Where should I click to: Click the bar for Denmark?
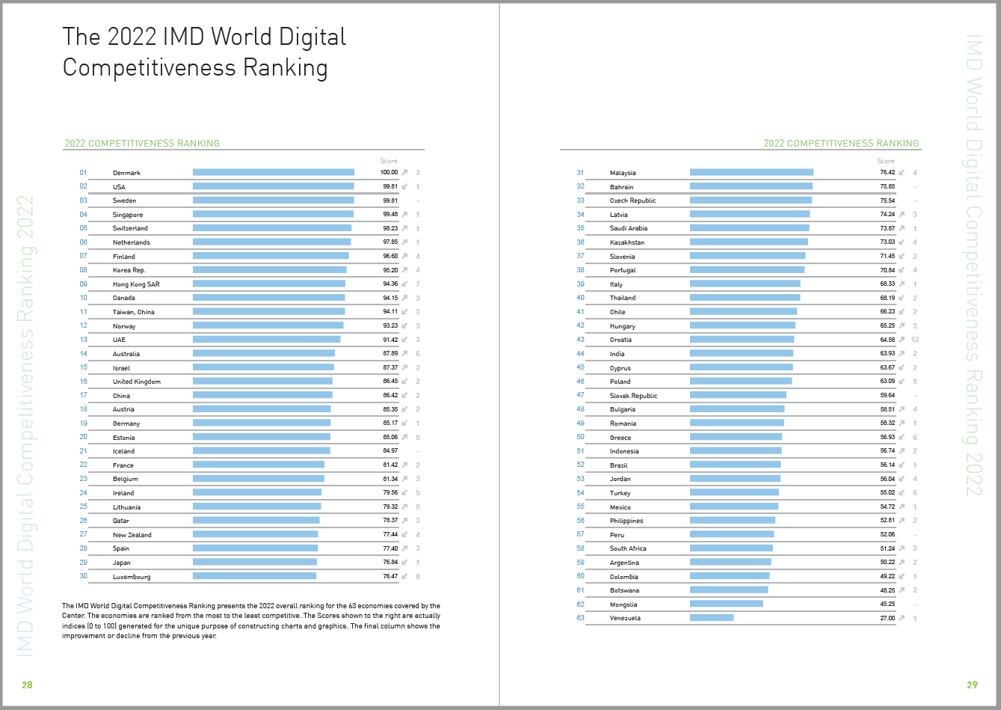(273, 173)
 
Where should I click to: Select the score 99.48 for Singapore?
(389, 215)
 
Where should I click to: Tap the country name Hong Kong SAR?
(136, 284)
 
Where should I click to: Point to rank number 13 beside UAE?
(84, 340)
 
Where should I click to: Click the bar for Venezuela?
(712, 618)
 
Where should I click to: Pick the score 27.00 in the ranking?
(887, 618)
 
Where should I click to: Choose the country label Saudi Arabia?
(629, 228)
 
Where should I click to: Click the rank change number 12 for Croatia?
(915, 340)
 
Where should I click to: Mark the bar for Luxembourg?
(254, 576)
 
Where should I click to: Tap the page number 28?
(27, 685)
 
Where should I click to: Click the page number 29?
(972, 685)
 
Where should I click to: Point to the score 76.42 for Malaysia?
(887, 173)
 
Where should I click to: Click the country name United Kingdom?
(137, 382)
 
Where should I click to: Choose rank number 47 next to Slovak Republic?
(581, 395)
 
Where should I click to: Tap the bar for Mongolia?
(726, 604)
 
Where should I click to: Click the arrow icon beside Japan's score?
(404, 563)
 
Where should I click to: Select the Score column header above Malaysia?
(886, 161)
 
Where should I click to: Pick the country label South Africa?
(628, 548)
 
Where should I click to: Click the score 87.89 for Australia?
(389, 354)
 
